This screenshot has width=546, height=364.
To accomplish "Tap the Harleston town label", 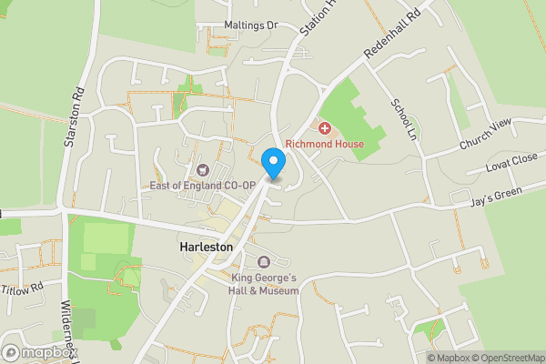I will pos(207,247).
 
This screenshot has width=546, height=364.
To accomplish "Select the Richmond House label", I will pos(324,144).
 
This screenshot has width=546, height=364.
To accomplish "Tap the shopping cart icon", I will pos(203,169).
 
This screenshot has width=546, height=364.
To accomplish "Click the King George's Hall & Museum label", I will pos(264,283).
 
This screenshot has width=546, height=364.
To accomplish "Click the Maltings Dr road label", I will pos(250,25).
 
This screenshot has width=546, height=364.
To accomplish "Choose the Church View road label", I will pos(486,136).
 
